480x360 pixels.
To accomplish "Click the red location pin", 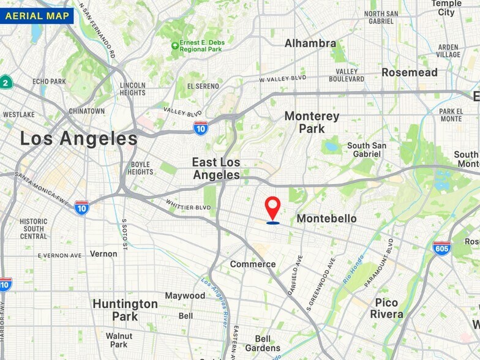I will coord(273,207).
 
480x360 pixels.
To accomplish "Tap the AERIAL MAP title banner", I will coord(37,15).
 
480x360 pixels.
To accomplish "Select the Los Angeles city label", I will coord(78,138).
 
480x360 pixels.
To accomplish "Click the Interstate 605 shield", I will coord(441,248).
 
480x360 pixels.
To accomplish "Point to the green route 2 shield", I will coord(6,83).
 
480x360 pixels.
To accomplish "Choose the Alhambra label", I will coord(310,43).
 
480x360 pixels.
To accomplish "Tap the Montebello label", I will coord(326,219).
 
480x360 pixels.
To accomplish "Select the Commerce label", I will coord(253,264).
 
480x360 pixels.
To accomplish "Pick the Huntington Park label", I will coord(125,310).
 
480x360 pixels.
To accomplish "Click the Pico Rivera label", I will coord(386,308).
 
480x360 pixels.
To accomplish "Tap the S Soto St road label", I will coord(124,234).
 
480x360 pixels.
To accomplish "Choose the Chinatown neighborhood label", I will coord(86,111).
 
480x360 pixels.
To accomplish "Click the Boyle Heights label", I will coord(141,168).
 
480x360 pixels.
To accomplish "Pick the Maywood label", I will coord(185,296).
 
